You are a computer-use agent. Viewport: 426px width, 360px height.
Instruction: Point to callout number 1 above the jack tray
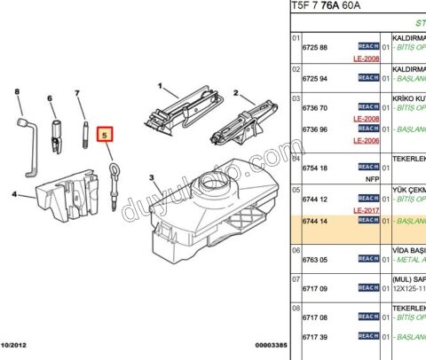161,87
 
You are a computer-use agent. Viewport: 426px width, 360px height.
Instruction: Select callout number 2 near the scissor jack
236,93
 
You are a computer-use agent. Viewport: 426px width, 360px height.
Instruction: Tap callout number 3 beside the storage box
152,177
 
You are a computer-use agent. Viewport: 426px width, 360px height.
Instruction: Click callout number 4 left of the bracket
13,194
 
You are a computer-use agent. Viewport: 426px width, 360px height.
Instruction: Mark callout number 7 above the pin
78,92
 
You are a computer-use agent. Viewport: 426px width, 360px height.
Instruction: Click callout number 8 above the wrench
17,91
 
